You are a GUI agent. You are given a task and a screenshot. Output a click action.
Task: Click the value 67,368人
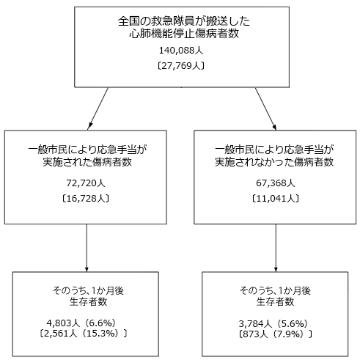coord(275,182)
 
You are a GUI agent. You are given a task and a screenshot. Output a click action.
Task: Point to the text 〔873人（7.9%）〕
coord(275,334)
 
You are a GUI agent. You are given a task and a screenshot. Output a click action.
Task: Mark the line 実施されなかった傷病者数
coord(275,161)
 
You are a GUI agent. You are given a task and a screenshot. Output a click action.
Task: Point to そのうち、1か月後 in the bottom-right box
coord(275,288)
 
